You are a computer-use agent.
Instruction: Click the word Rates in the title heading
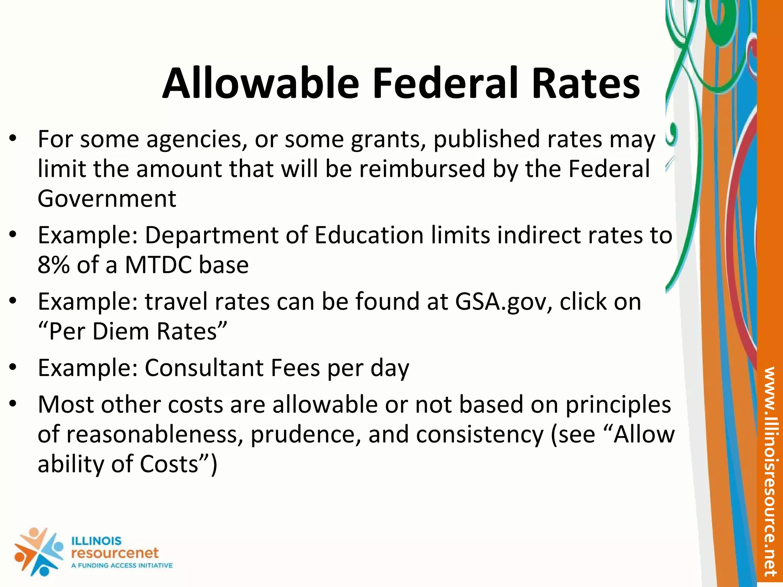click(x=586, y=83)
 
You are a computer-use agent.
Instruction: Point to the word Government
click(x=107, y=199)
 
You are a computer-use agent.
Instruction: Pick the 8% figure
click(x=54, y=265)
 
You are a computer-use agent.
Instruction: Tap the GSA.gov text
click(x=504, y=302)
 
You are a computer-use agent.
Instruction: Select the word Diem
click(x=120, y=331)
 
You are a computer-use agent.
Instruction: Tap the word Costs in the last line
click(x=169, y=464)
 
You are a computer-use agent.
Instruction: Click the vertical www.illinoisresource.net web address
click(x=769, y=472)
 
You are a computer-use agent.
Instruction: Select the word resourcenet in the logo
click(x=115, y=553)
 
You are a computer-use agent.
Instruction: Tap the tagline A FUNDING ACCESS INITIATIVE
click(x=122, y=566)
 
